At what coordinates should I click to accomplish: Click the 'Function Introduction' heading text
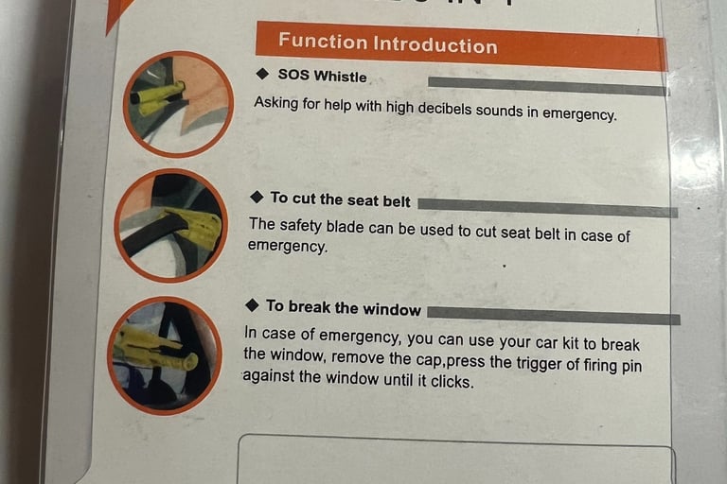click(388, 44)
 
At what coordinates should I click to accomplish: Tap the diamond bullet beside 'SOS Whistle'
click(262, 74)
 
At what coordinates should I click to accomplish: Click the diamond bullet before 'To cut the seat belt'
click(257, 198)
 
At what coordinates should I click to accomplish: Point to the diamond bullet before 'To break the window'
click(252, 305)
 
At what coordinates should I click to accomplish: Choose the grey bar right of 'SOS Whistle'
click(548, 86)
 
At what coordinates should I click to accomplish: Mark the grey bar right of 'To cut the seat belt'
click(547, 207)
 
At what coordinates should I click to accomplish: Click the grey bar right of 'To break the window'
click(554, 315)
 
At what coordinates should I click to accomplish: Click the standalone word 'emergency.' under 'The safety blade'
click(288, 246)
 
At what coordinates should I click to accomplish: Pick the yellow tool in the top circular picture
click(159, 98)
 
